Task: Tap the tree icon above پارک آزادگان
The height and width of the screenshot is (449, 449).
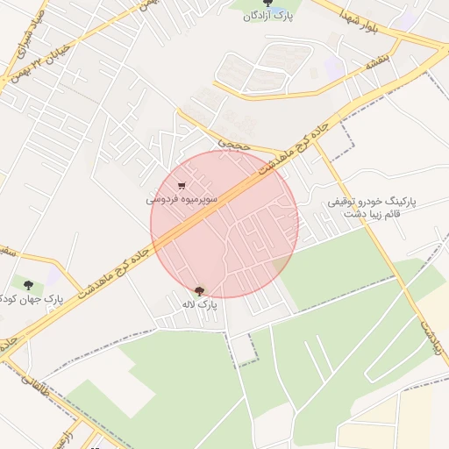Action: (x=267, y=4)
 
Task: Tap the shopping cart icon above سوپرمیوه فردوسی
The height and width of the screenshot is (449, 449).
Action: (x=182, y=186)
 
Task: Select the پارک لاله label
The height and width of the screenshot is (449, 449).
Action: (x=199, y=304)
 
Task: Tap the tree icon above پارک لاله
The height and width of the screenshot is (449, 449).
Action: (x=199, y=291)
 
